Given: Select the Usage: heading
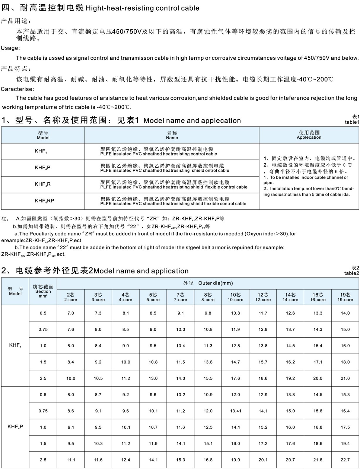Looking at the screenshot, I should [10, 48].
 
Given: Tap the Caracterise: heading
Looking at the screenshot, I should [18, 89].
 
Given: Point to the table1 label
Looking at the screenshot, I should [352, 122].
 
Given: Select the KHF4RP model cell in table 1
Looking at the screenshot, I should [44, 201].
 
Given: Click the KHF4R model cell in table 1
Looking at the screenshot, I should [43, 184].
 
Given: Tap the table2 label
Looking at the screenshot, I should [351, 273].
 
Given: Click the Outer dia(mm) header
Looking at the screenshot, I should [215, 283].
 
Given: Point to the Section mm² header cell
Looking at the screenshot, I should [43, 291].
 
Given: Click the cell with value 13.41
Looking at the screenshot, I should [235, 411].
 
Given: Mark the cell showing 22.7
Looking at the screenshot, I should [345, 460].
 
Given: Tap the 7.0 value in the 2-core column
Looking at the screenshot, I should [71, 313].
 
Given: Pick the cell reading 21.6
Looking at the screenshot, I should [318, 460].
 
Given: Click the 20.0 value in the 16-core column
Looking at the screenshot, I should [318, 378].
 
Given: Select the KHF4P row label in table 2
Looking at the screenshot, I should [15, 427].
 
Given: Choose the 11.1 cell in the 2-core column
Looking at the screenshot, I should [71, 460].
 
